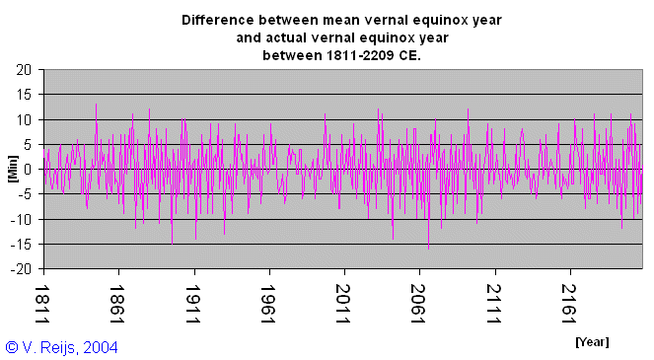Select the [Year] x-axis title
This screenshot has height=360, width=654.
point(592,341)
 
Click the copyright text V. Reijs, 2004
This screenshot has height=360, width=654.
point(70,346)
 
